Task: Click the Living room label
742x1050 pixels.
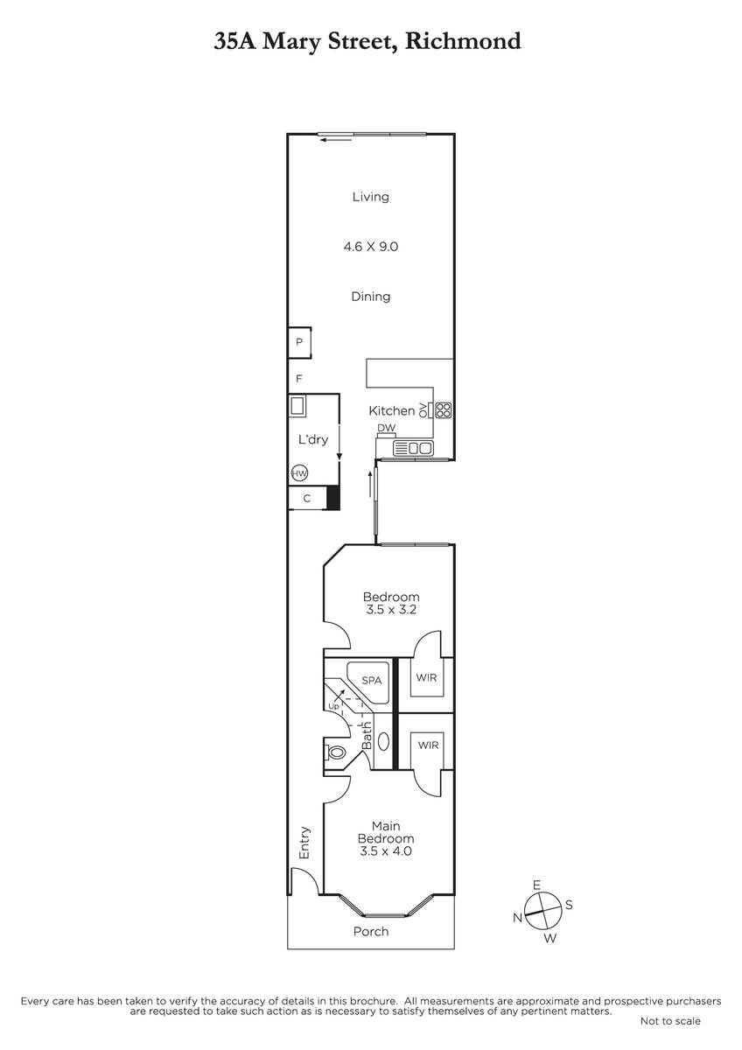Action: point(370,197)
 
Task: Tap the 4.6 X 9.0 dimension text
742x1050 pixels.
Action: point(370,247)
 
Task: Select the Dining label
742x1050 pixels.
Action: point(370,297)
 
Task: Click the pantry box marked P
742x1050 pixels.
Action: point(299,343)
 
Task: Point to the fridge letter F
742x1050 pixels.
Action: point(299,378)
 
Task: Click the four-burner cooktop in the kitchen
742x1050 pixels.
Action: point(443,410)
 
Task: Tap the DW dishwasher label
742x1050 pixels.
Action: point(386,428)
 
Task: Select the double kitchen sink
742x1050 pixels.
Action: point(413,449)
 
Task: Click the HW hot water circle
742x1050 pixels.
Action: point(299,473)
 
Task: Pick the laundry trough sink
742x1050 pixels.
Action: point(297,405)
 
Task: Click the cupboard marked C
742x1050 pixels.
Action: point(307,498)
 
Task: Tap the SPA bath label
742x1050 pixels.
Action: point(371,680)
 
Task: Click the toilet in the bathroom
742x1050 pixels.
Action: point(334,752)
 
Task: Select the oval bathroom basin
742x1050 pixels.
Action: point(383,741)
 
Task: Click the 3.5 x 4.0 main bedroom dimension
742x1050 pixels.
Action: point(385,850)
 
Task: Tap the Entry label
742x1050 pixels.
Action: point(304,843)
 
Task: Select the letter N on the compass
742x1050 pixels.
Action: point(517,918)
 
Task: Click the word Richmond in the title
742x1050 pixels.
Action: point(463,41)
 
